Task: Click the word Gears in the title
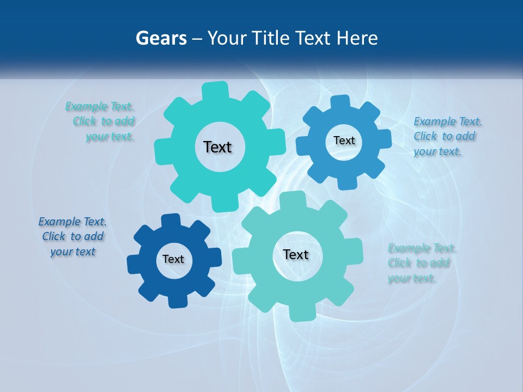click(x=161, y=39)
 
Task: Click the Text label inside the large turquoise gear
click(x=217, y=147)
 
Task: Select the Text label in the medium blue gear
click(x=344, y=140)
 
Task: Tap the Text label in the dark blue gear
click(x=173, y=259)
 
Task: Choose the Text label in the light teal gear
click(x=296, y=254)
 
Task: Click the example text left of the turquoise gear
click(x=101, y=121)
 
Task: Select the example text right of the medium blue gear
click(x=447, y=136)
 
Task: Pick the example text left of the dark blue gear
click(x=72, y=236)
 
